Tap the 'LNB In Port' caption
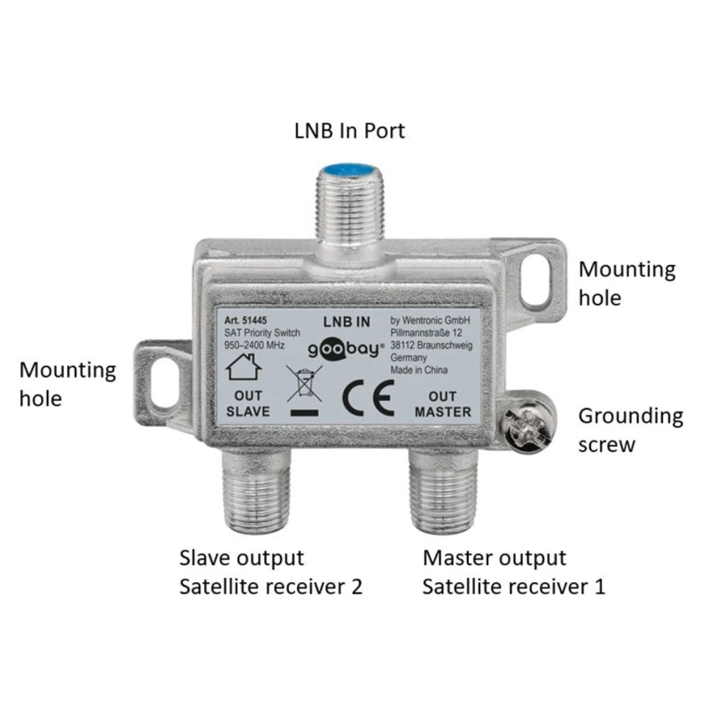[x=349, y=131]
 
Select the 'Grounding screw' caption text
[x=630, y=429]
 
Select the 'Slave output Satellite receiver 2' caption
[x=271, y=573]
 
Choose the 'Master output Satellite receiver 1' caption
[x=514, y=573]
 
